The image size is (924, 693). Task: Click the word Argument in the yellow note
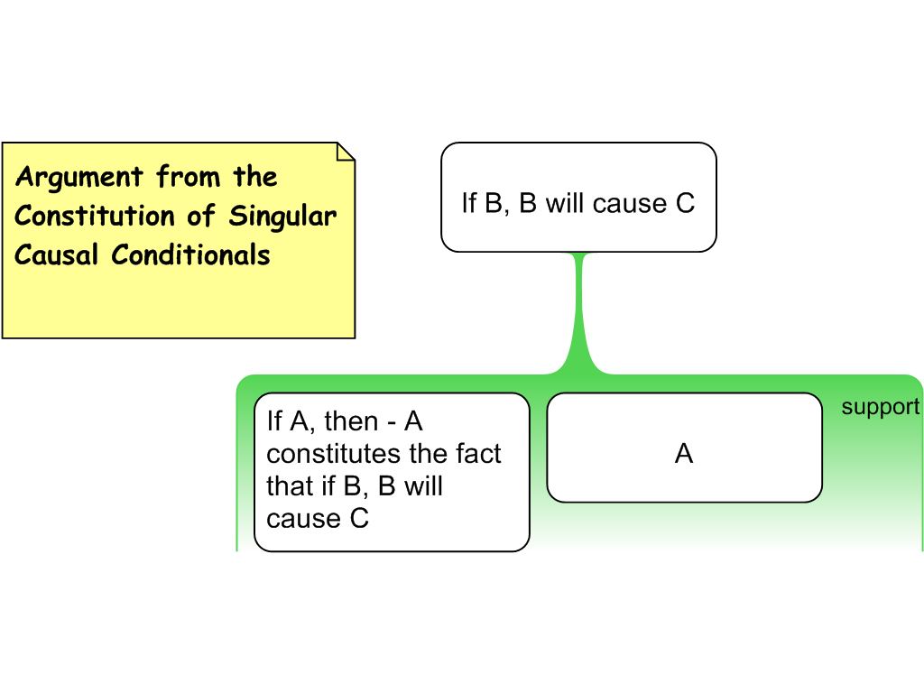coord(79,178)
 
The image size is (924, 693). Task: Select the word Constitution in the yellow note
coord(95,216)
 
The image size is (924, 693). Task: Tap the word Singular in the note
coord(282,217)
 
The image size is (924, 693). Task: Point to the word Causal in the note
coord(56,254)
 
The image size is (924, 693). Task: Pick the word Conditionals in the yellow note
coord(191,254)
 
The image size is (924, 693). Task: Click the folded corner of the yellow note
coord(346,151)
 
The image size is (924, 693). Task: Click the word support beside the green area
coord(881,407)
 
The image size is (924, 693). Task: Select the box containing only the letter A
coord(684,448)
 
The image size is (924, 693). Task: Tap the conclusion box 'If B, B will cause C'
coord(578,197)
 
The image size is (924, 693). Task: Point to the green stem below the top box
coord(580,312)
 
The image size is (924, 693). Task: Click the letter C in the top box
coord(686,203)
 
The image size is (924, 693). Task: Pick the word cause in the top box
coord(629,204)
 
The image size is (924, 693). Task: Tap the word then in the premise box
coord(351,421)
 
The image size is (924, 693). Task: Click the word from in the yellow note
coord(188,177)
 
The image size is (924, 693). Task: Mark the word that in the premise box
coord(290,486)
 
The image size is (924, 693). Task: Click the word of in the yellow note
coord(201,216)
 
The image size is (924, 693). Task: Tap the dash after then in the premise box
coord(392,423)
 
